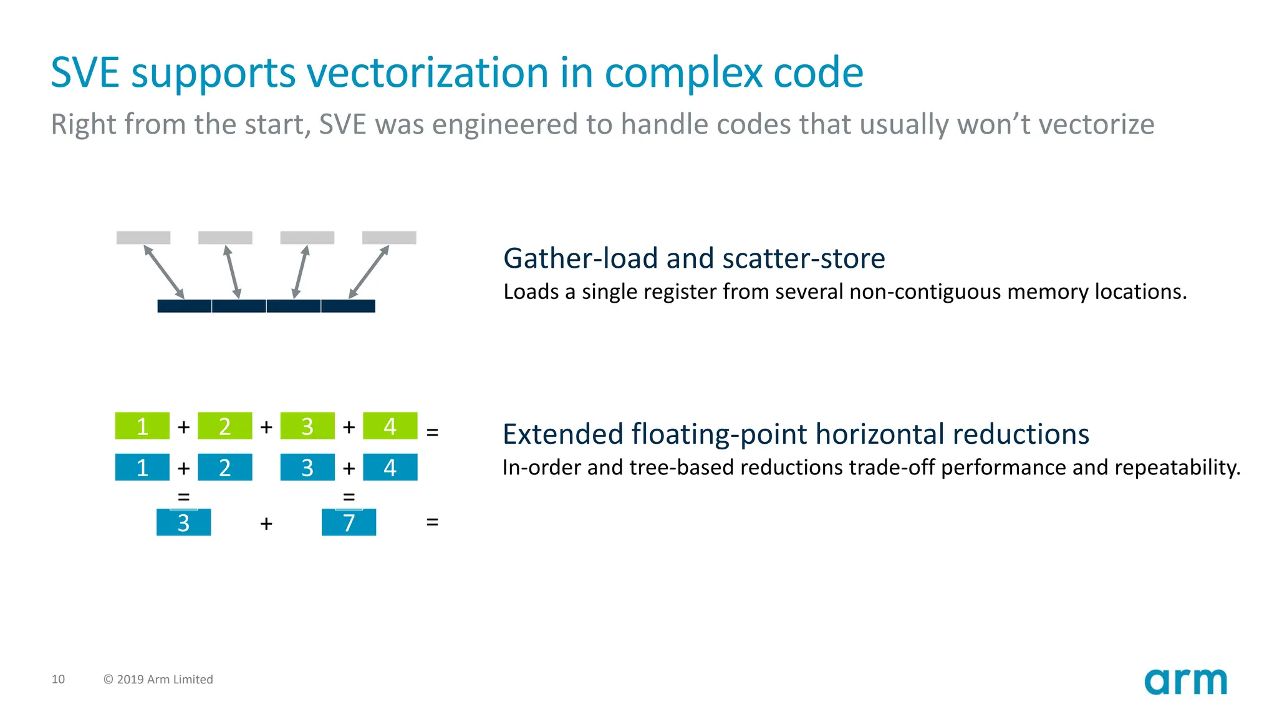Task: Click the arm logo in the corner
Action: (1185, 682)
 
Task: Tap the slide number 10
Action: (58, 679)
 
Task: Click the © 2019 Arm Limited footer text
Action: (158, 679)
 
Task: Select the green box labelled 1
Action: (142, 426)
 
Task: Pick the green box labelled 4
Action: (390, 426)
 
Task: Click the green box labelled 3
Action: (307, 426)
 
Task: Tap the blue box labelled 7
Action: (349, 522)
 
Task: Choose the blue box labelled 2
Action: (225, 467)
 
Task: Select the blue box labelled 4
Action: (390, 467)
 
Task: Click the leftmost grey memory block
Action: (143, 238)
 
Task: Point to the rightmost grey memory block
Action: (389, 238)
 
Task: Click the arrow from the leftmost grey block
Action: (164, 271)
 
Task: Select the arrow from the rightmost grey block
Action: (369, 271)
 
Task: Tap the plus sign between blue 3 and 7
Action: (266, 523)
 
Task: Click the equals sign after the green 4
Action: (432, 432)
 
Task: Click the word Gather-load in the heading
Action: (580, 258)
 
